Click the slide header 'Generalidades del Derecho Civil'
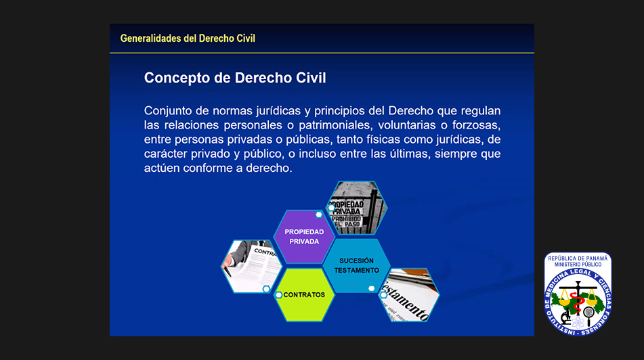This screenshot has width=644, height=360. coord(188,39)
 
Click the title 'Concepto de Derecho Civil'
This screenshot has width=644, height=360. coord(235,78)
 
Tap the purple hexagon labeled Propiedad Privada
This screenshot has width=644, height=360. coord(304,237)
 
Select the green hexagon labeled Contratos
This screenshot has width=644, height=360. coord(304,295)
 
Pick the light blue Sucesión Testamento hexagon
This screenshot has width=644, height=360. coord(356,265)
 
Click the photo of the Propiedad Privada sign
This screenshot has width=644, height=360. coord(356,208)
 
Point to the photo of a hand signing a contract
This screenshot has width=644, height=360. coord(251,266)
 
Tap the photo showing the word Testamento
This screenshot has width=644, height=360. coord(408,295)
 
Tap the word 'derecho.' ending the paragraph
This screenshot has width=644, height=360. coord(269,168)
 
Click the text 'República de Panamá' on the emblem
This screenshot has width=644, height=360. coord(578,258)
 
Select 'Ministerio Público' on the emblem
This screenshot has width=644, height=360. coord(578,265)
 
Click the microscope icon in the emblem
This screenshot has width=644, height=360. coord(566,315)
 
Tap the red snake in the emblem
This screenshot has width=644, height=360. coord(578,304)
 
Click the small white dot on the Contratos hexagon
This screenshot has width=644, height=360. coord(278,295)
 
